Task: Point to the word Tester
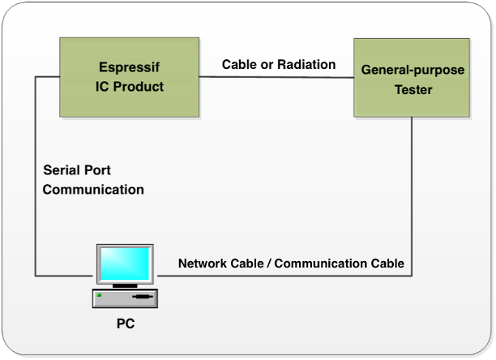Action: coord(413,89)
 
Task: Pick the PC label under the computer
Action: coord(125,324)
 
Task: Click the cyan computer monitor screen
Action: coord(125,263)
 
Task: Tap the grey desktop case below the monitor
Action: coord(125,298)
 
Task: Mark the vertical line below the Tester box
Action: coord(413,195)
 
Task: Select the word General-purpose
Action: coord(413,71)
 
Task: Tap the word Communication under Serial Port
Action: coord(93,190)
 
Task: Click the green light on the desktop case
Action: coord(100,295)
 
